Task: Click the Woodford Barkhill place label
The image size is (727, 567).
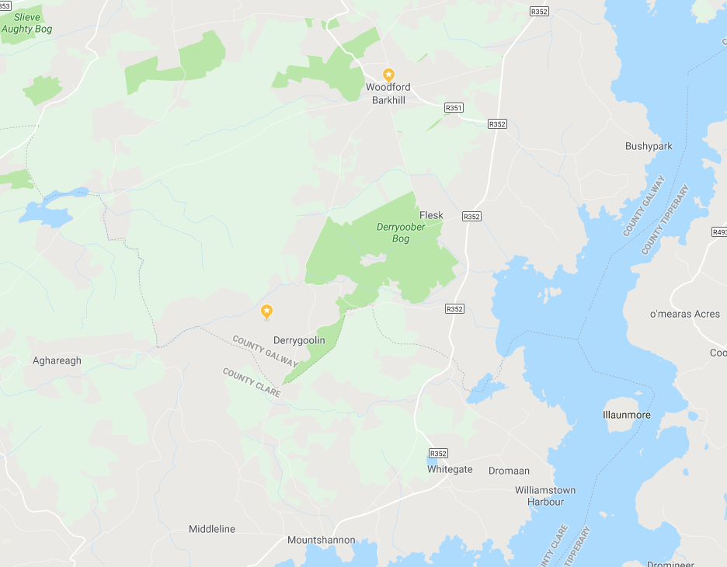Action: pyautogui.click(x=388, y=93)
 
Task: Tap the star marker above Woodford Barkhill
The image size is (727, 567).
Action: pyautogui.click(x=389, y=75)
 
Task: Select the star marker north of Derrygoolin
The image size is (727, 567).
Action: pyautogui.click(x=266, y=311)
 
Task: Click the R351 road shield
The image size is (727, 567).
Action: pyautogui.click(x=454, y=108)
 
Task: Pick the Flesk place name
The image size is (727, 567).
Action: pyautogui.click(x=431, y=215)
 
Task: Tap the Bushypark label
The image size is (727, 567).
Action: pyautogui.click(x=649, y=146)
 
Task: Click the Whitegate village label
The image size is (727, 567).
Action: pyautogui.click(x=450, y=469)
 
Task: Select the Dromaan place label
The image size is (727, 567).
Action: pyautogui.click(x=509, y=471)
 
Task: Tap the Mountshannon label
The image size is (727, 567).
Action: pyautogui.click(x=321, y=540)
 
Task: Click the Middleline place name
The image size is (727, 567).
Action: pyautogui.click(x=212, y=529)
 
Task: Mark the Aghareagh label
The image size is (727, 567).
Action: pyautogui.click(x=57, y=360)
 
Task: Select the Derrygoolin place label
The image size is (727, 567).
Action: pyautogui.click(x=299, y=340)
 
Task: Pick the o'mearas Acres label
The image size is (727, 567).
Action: pyautogui.click(x=685, y=314)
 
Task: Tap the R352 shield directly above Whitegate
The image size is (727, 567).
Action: pyautogui.click(x=438, y=454)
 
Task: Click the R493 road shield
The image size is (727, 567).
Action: pyautogui.click(x=719, y=231)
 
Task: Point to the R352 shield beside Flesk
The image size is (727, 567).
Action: pyautogui.click(x=471, y=216)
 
